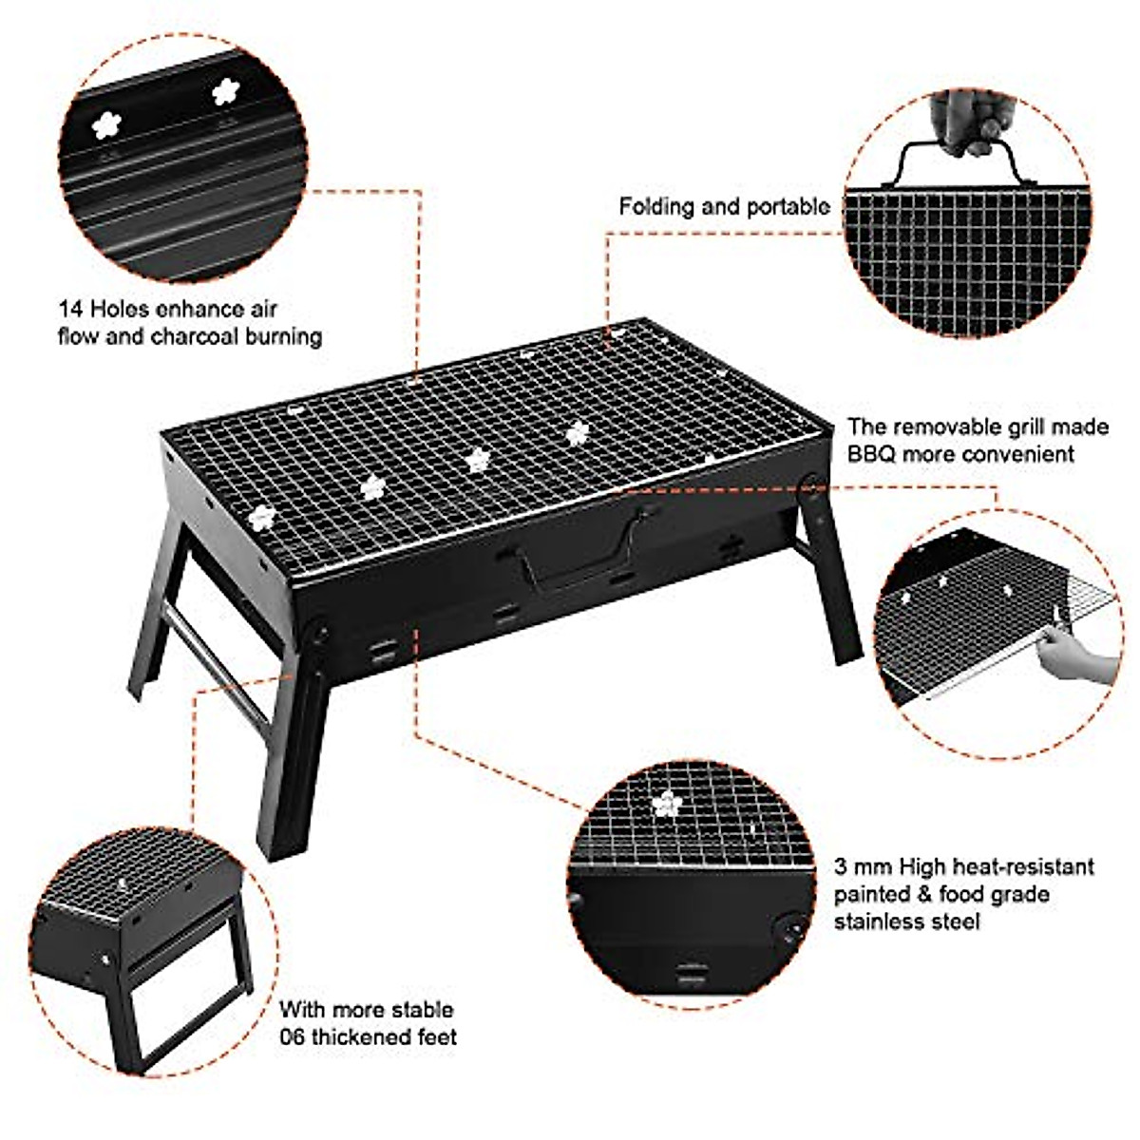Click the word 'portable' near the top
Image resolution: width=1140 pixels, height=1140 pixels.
tap(788, 207)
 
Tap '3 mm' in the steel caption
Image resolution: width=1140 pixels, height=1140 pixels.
tap(855, 867)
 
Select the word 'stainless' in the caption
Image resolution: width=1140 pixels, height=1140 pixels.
tap(879, 921)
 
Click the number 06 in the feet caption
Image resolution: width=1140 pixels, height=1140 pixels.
tap(292, 1036)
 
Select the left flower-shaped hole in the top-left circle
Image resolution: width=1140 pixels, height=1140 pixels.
tap(106, 123)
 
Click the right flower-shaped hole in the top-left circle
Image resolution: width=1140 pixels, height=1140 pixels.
tap(225, 92)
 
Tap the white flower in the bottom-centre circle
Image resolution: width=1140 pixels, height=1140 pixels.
tap(667, 804)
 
